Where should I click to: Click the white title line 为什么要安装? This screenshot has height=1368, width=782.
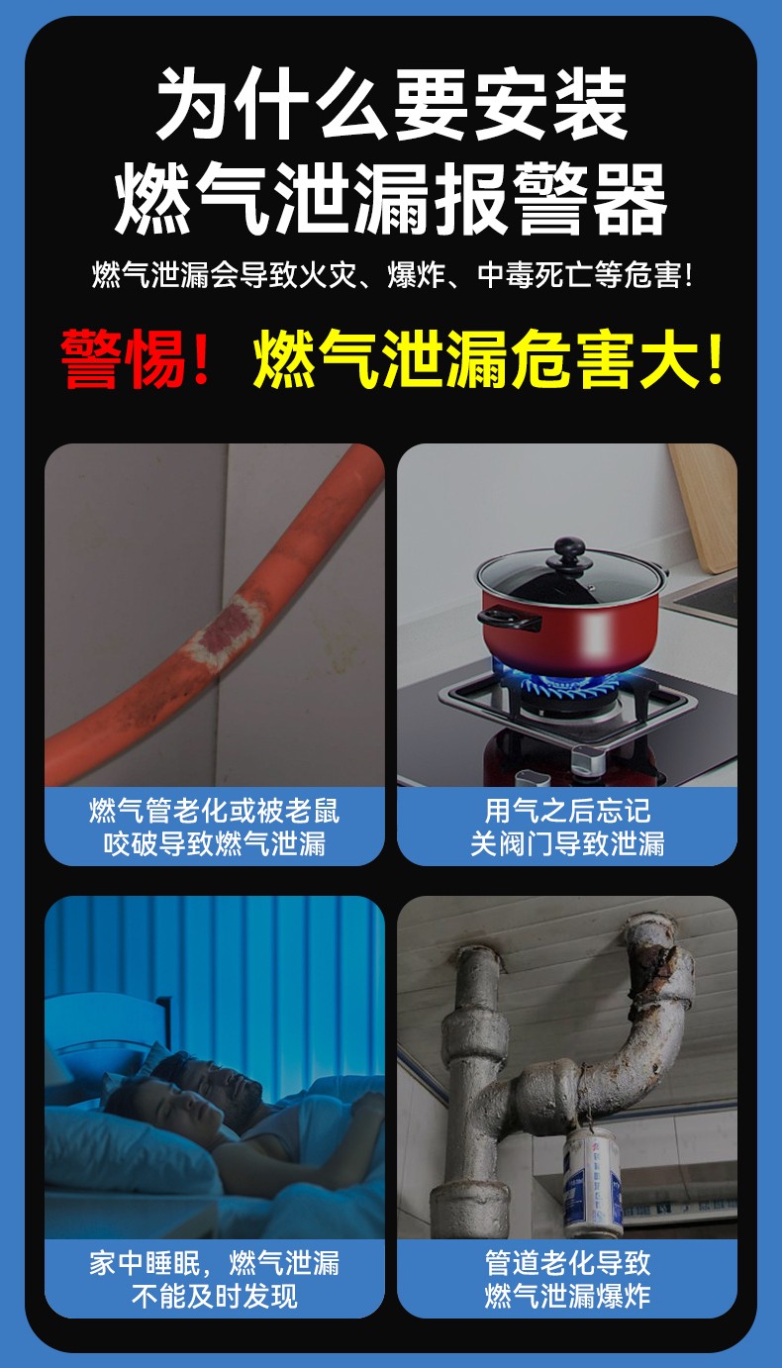391,104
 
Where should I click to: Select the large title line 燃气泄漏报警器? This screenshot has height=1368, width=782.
391,199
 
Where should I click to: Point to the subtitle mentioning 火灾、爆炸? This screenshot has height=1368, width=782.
391,275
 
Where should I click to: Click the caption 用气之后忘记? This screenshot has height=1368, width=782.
567,811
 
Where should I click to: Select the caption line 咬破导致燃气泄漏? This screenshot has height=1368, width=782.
215,843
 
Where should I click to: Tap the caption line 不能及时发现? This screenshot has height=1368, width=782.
215,1297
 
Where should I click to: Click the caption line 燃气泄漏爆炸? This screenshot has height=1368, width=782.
567,1297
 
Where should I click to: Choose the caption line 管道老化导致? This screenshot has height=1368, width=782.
567,1263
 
